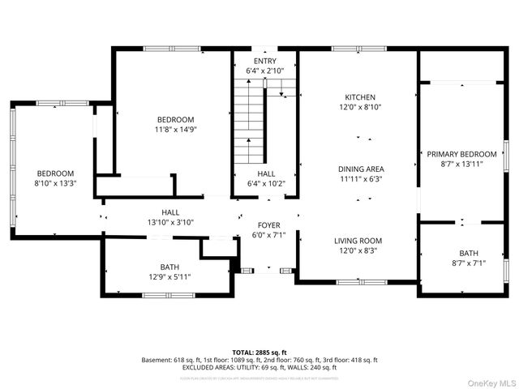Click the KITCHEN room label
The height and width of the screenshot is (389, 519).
coord(358,96)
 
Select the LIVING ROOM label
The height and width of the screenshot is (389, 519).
coord(358,241)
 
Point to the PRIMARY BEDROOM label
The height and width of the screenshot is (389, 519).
coord(461,154)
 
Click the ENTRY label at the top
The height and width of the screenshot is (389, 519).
coord(264,62)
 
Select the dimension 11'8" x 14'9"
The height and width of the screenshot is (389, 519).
coord(176,129)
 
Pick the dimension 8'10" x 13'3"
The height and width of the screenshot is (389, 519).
coord(55,183)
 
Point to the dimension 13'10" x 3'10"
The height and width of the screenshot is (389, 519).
coord(170,222)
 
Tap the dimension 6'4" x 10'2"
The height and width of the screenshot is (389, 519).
coord(266,183)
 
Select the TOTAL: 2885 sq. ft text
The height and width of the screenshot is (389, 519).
coord(259,353)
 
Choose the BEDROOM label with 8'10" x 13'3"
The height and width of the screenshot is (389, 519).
coord(55,173)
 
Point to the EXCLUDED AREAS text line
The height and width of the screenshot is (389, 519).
coord(259,367)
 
